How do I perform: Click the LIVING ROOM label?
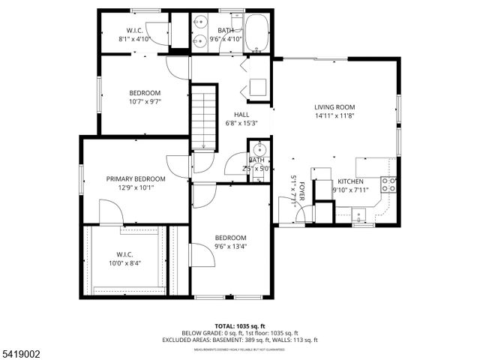coord(334,107)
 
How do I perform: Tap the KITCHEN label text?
coord(350,181)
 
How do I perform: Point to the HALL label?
coord(241,115)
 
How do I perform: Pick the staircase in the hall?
coord(204,117)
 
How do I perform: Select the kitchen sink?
coord(358,215)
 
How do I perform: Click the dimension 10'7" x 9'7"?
coord(145,101)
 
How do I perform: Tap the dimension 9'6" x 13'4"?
coord(230,245)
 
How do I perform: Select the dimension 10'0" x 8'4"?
coord(124,262)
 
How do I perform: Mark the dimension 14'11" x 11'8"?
coord(334,115)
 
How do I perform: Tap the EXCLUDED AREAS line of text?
coord(240,339)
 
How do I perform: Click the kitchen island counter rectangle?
coord(372,166)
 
